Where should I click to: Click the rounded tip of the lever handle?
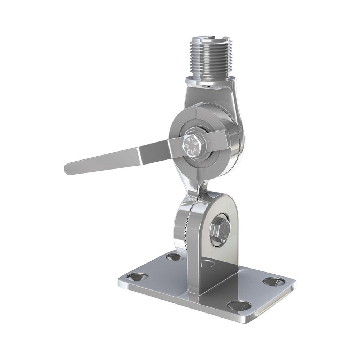coord(68,169)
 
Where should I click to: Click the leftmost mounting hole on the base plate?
coord(137,276)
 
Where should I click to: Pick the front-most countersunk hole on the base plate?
coord(239,305)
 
